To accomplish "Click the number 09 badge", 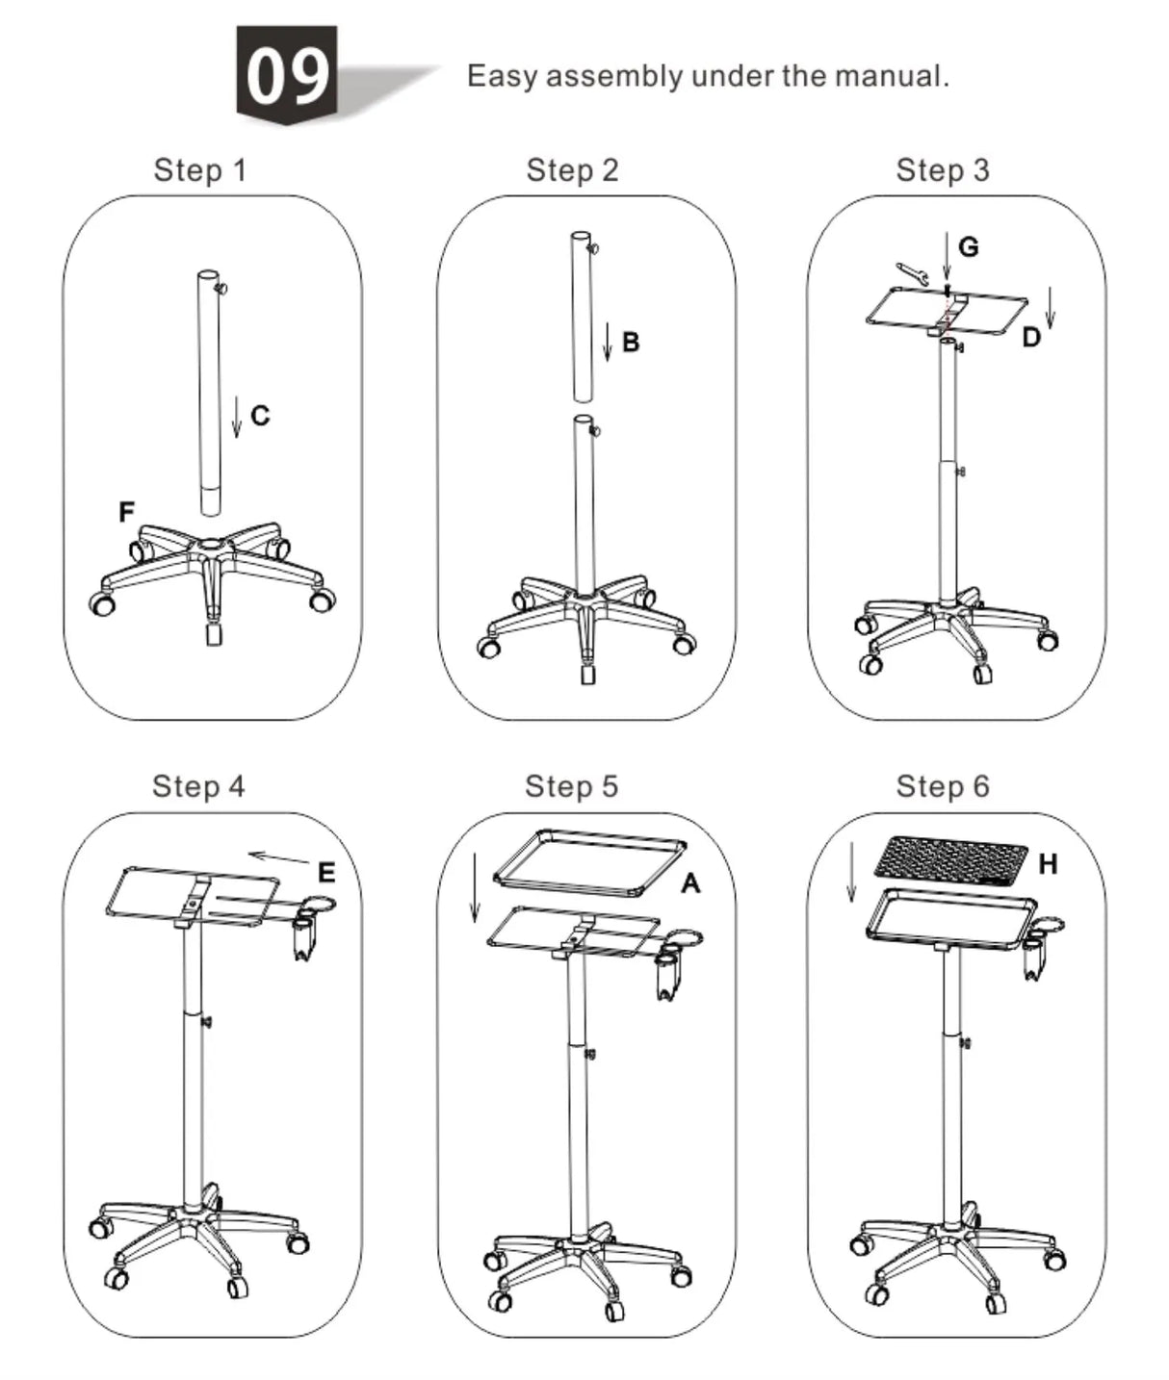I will point(287,75).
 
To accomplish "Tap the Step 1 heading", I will point(200,170).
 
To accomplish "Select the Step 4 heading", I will point(198,786).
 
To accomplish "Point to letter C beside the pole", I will point(260,416).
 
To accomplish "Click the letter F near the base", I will point(126,512).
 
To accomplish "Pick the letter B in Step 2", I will point(631,342).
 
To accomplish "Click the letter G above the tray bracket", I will point(969,247).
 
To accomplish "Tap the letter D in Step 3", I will point(1030,338).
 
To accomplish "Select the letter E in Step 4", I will point(326,873).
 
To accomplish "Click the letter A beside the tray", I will point(690,882).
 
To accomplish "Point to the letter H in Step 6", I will point(1048,864).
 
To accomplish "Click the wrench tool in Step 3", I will point(911,274).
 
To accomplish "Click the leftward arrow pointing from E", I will point(279,856).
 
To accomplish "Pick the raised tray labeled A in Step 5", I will point(589,861).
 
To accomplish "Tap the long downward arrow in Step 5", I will point(474,885).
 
